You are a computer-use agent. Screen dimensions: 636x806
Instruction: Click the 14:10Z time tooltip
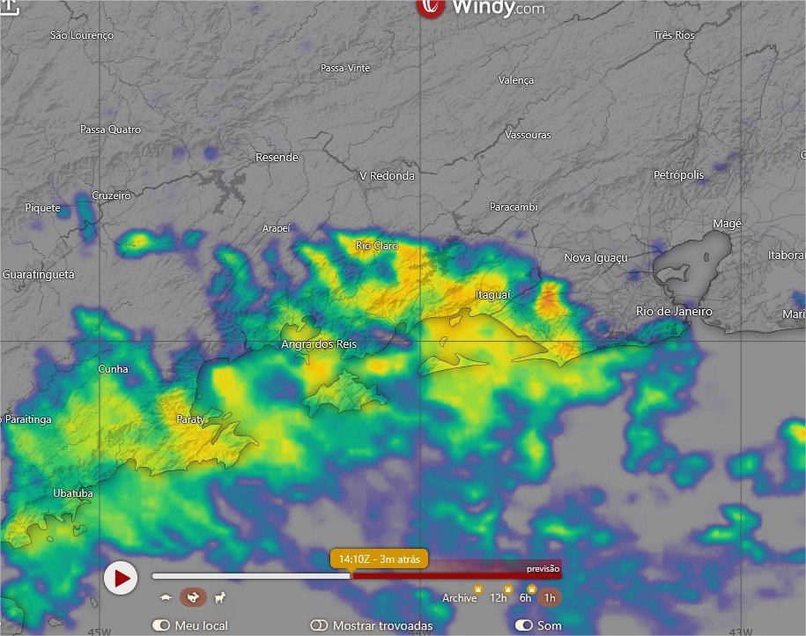tap(379, 558)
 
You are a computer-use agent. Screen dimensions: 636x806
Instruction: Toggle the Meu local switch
tap(160, 625)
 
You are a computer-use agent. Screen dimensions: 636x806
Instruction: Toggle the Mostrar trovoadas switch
tap(319, 625)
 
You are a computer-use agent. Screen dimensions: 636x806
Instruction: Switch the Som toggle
tap(524, 625)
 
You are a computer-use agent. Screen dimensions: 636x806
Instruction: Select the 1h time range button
tap(550, 598)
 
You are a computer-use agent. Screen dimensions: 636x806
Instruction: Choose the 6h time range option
tap(525, 598)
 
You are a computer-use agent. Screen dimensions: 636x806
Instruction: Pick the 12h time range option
tap(499, 598)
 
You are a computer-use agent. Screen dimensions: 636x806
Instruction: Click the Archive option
tap(459, 598)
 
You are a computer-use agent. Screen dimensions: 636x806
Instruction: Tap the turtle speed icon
tap(166, 598)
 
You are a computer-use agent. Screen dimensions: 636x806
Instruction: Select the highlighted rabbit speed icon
tap(193, 598)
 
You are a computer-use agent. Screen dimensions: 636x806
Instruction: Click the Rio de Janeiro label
tap(674, 312)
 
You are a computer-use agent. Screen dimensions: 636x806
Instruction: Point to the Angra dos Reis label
tap(319, 344)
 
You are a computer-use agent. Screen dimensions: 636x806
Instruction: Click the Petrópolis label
tap(678, 175)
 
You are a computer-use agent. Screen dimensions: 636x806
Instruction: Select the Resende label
tap(277, 158)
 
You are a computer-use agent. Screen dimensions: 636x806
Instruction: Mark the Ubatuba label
tap(72, 493)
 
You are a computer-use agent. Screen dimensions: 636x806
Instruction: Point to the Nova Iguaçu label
tap(595, 258)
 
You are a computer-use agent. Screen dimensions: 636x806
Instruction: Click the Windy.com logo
tap(481, 8)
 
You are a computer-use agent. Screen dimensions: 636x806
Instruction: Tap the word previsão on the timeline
tap(543, 569)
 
